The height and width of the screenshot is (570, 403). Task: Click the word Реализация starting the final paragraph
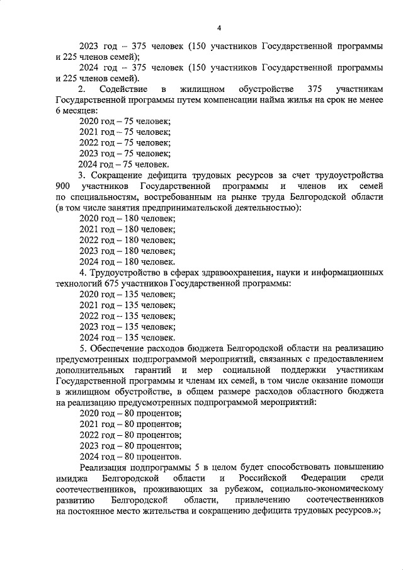tap(106, 467)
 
